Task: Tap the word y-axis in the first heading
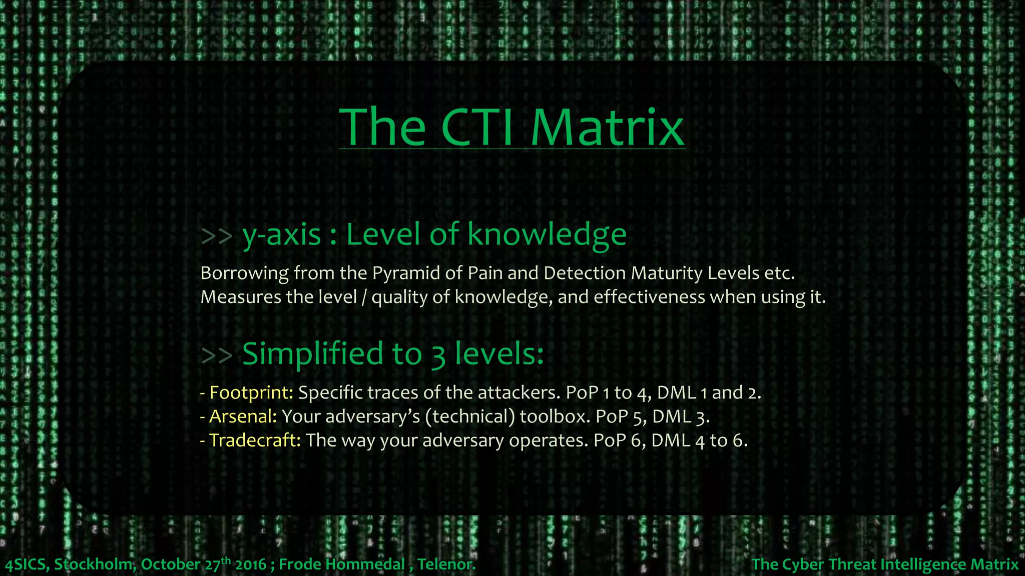coord(282,235)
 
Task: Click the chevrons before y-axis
coord(217,235)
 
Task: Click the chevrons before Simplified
coord(217,354)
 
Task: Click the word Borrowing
coord(245,273)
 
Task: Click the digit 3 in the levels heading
coord(438,355)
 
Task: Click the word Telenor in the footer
coord(446,564)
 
